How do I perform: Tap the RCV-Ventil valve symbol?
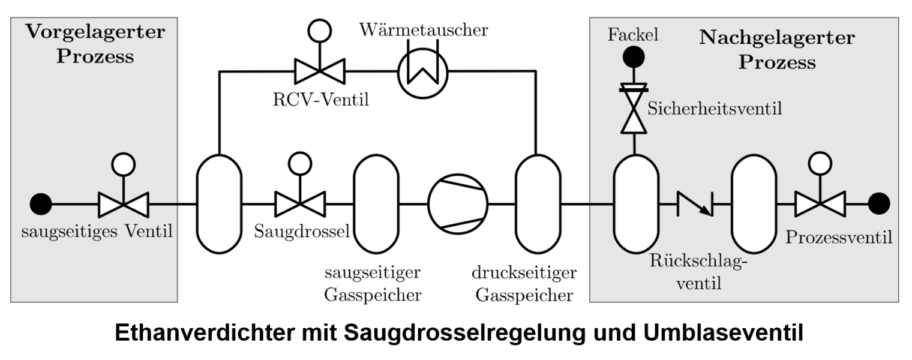coord(319,71)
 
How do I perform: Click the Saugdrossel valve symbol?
coord(299,204)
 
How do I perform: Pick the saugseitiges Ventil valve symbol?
coord(124,204)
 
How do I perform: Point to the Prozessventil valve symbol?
coord(820,204)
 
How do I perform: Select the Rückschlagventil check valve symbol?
coord(695,204)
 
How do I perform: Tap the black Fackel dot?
coord(634,57)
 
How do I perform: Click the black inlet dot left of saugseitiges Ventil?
coord(41,204)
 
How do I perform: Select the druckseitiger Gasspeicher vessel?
coord(538,204)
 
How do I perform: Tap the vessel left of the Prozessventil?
coord(754,204)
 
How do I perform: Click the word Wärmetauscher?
coord(424,30)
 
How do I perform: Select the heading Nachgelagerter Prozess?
coord(777,50)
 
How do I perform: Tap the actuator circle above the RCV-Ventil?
coord(319,31)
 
